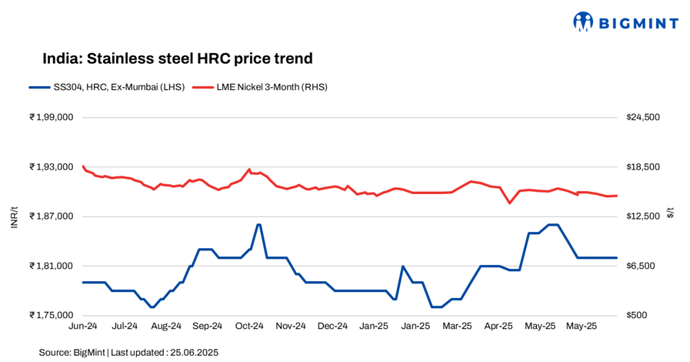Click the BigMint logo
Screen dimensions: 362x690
pos(625,22)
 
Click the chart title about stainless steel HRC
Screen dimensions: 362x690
pos(177,59)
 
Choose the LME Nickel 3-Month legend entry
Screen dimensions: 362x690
pos(259,87)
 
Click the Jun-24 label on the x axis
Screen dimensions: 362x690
pos(82,327)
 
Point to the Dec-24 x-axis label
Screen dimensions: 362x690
pos(332,327)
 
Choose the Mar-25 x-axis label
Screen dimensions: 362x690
pos(457,327)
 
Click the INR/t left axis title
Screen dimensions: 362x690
pos(15,216)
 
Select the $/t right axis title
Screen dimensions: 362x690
pos(670,213)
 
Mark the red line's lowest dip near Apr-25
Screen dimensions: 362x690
pos(509,203)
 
